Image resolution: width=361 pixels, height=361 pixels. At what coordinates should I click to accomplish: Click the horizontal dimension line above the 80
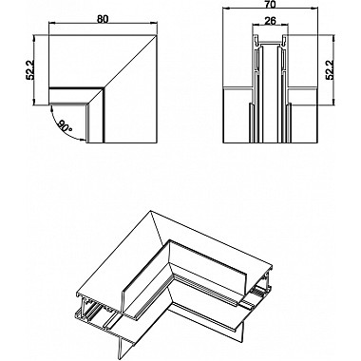[101, 26]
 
